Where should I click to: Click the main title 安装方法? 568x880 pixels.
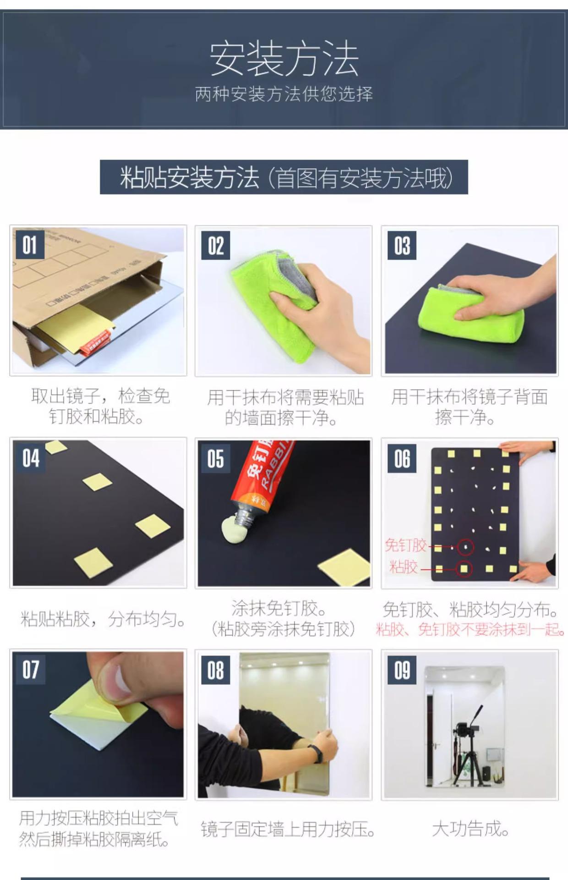click(284, 58)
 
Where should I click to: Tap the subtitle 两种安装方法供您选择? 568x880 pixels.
click(284, 94)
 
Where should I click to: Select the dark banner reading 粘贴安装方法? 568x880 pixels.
click(284, 177)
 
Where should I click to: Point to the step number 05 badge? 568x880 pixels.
click(215, 458)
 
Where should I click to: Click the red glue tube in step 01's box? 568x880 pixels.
click(96, 343)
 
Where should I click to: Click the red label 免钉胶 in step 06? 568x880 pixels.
click(405, 545)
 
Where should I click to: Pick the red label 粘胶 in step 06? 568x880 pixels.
click(404, 567)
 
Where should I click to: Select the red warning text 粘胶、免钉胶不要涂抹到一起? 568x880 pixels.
click(470, 629)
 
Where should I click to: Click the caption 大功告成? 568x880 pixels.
click(470, 829)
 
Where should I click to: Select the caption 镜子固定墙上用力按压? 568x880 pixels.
click(288, 829)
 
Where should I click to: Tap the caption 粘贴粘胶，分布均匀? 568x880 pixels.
click(103, 619)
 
